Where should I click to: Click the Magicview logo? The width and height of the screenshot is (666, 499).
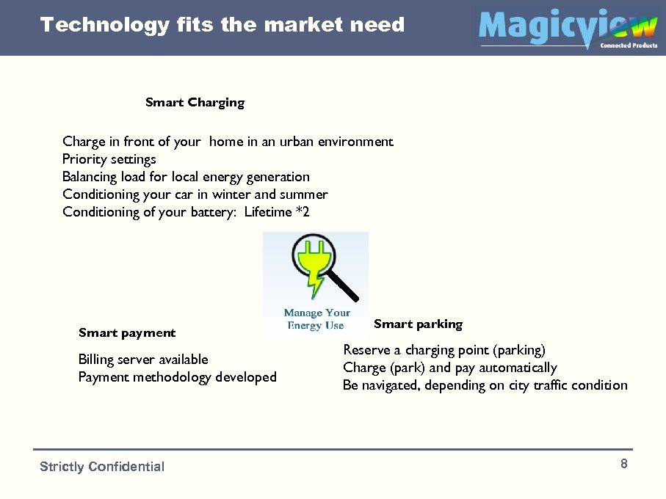pyautogui.click(x=567, y=28)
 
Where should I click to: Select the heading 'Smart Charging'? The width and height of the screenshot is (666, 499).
pyautogui.click(x=195, y=103)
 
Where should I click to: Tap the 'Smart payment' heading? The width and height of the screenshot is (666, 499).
pyautogui.click(x=127, y=333)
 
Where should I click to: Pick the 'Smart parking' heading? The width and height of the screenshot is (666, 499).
pyautogui.click(x=418, y=324)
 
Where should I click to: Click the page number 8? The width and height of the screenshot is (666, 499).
pyautogui.click(x=623, y=464)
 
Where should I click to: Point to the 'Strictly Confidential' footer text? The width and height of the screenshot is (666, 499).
pyautogui.click(x=102, y=467)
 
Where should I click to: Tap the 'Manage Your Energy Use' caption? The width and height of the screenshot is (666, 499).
pyautogui.click(x=316, y=319)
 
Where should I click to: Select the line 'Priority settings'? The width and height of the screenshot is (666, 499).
pyautogui.click(x=109, y=159)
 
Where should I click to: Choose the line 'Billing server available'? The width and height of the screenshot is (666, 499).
pyautogui.click(x=143, y=360)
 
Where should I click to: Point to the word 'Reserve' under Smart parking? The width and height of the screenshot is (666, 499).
pyautogui.click(x=366, y=350)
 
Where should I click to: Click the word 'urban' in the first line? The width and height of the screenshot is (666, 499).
pyautogui.click(x=297, y=142)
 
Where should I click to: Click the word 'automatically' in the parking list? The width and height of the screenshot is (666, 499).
pyautogui.click(x=517, y=368)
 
